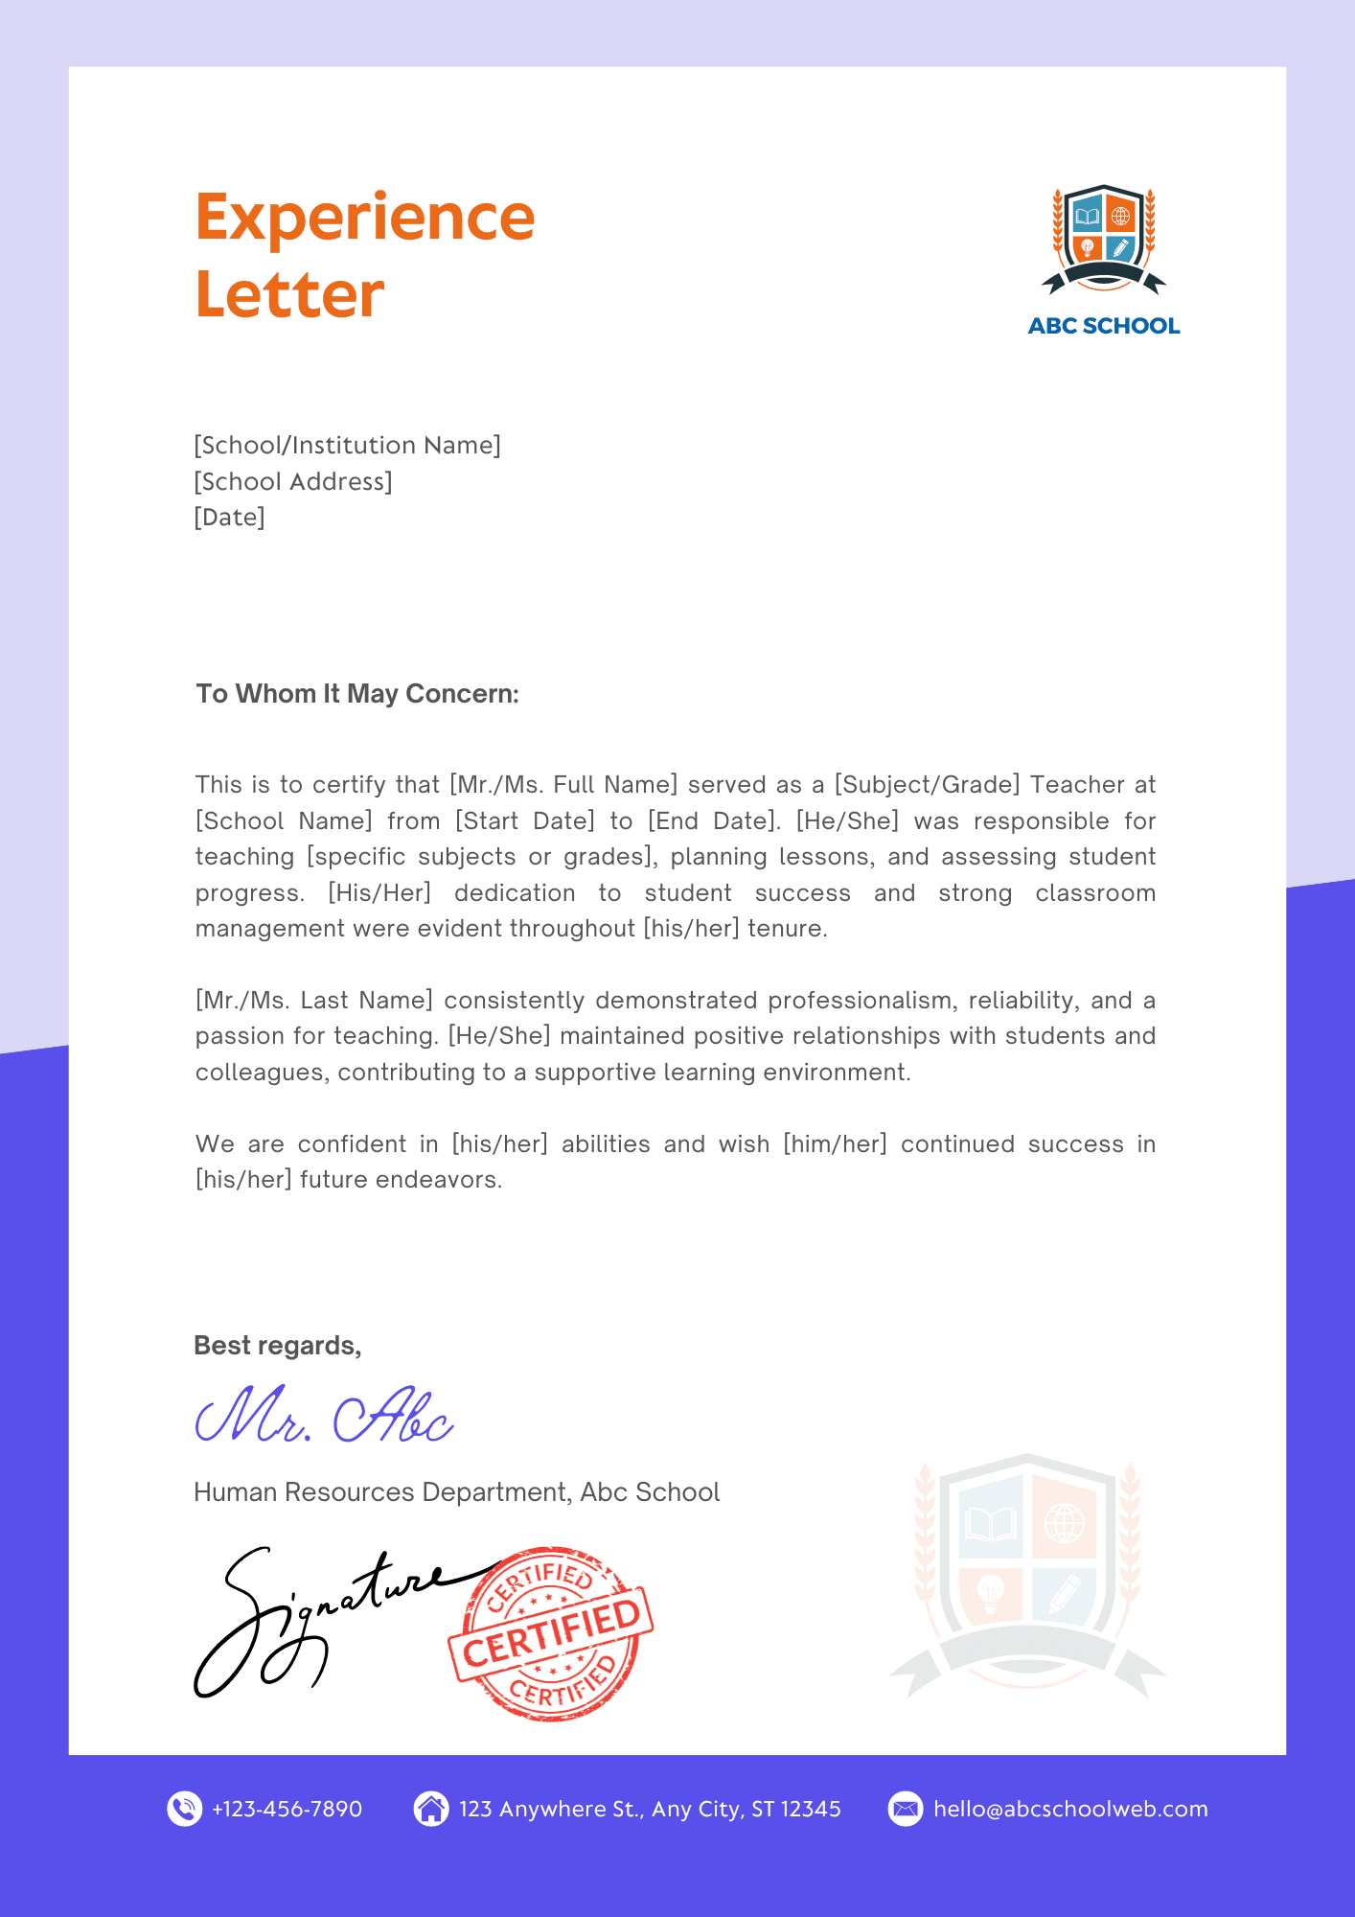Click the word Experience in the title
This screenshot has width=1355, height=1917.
364,219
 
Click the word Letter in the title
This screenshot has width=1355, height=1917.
289,295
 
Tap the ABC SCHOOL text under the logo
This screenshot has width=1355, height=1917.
1103,326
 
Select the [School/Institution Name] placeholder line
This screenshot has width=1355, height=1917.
347,446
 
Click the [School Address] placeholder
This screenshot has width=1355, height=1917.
293,481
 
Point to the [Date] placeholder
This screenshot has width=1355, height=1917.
229,518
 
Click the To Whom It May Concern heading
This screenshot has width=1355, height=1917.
357,694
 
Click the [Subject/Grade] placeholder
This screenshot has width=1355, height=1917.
927,785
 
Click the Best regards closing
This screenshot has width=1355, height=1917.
277,1346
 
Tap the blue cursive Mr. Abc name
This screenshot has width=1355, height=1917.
324,1417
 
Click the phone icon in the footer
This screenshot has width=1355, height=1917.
184,1809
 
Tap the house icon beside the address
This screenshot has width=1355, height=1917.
431,1809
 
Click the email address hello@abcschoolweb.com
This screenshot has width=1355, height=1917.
1069,1809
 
